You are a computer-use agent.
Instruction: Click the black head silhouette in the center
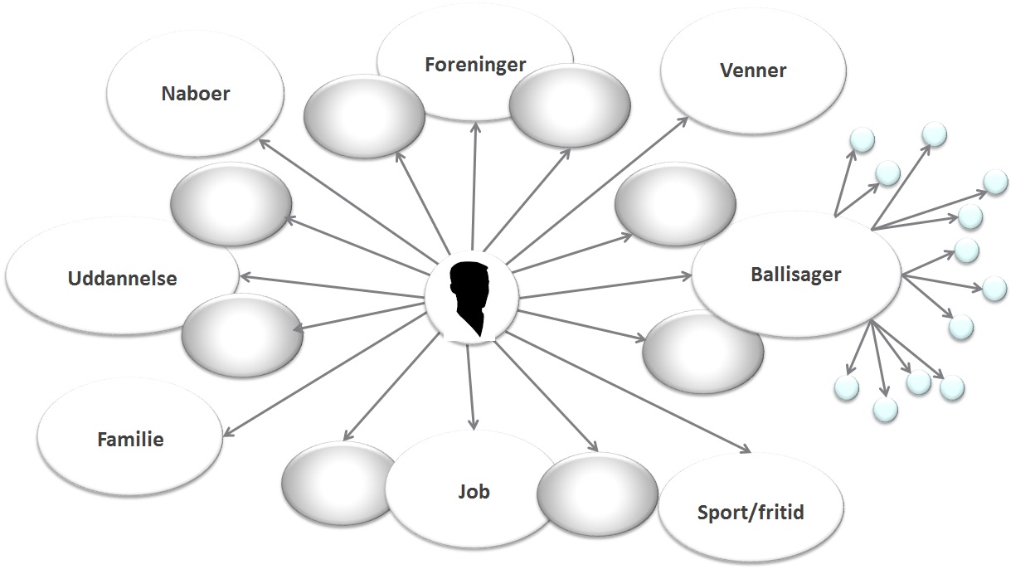pos(471,298)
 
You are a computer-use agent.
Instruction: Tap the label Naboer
pos(195,93)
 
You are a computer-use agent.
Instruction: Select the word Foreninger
pos(475,64)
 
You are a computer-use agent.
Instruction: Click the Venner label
pos(753,71)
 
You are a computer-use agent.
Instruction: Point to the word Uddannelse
pos(122,278)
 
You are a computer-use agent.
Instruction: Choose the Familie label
pos(130,439)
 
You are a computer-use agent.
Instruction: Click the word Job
pos(474,491)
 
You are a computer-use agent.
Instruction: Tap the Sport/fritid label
pos(751,512)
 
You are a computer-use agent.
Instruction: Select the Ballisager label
pos(796,274)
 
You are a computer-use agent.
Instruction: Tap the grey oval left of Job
pos(336,483)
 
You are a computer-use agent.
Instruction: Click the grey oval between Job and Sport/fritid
pos(597,494)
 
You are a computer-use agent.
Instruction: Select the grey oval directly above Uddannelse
pos(230,203)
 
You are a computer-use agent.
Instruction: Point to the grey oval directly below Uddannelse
pos(241,336)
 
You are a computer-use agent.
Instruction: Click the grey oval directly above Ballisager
pos(675,203)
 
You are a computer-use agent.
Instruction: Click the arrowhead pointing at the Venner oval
pos(683,120)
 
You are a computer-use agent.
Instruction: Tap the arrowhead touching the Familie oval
pos(226,433)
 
